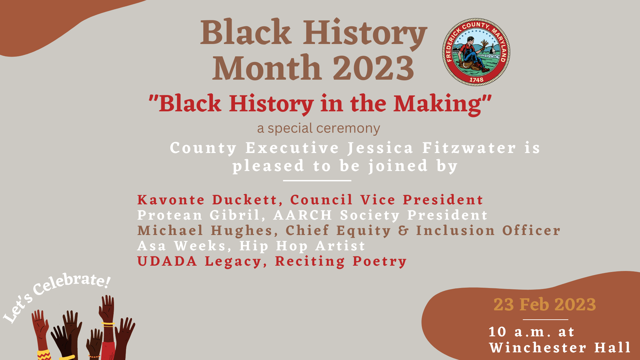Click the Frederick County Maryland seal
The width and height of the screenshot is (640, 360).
(x=476, y=52)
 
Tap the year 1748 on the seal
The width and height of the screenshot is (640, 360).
(x=476, y=80)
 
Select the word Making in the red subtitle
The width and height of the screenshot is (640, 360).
(x=438, y=104)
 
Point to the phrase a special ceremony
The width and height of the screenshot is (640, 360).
(x=318, y=129)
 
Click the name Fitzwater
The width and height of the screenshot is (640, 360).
(x=469, y=148)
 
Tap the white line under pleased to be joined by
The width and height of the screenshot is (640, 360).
(x=317, y=181)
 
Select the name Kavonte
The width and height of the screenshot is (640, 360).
(x=171, y=200)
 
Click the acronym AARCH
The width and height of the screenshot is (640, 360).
(x=303, y=215)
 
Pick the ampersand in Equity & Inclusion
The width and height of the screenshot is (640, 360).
(x=403, y=231)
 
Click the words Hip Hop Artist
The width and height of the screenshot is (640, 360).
(x=302, y=246)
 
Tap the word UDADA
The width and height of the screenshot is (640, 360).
(x=167, y=261)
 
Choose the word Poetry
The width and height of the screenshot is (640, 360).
(x=380, y=261)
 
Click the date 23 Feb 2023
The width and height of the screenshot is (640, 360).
(x=545, y=305)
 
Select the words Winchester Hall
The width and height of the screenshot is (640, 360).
(x=560, y=348)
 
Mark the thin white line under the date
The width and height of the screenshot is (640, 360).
(x=545, y=320)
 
